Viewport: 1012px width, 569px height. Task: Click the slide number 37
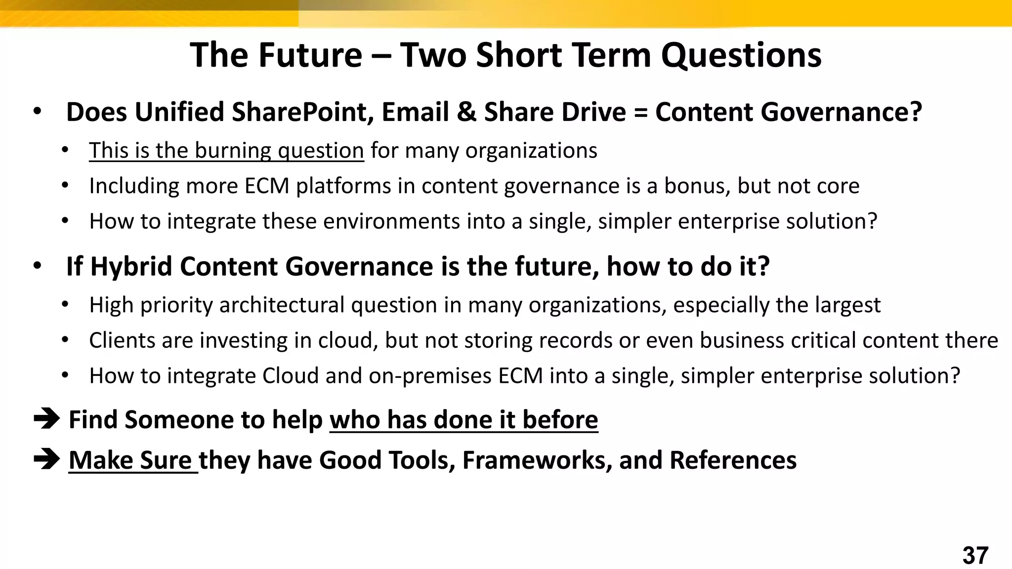[x=975, y=556]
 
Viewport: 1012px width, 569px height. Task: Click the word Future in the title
[x=310, y=55]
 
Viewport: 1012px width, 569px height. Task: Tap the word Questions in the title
[x=741, y=55]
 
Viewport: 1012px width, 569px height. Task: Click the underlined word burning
[x=233, y=151]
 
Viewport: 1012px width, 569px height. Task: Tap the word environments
[x=391, y=221]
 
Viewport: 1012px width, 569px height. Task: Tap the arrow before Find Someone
[x=46, y=419]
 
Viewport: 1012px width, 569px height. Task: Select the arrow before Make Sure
[x=46, y=460]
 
